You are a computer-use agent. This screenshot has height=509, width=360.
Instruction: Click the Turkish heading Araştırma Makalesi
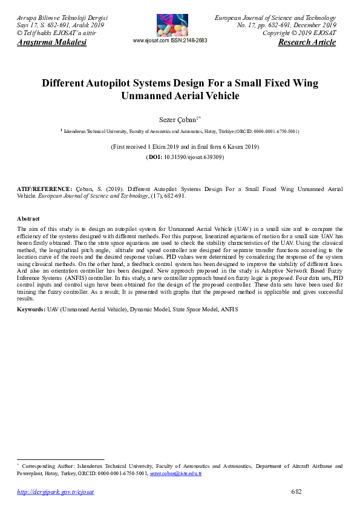click(x=52, y=43)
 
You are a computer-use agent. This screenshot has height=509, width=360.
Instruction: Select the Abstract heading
click(x=28, y=218)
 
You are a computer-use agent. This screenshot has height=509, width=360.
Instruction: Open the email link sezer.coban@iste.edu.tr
click(x=175, y=473)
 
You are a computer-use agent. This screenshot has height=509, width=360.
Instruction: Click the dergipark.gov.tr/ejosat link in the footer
click(x=55, y=492)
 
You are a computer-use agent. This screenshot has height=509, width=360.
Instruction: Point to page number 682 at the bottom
click(x=296, y=491)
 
